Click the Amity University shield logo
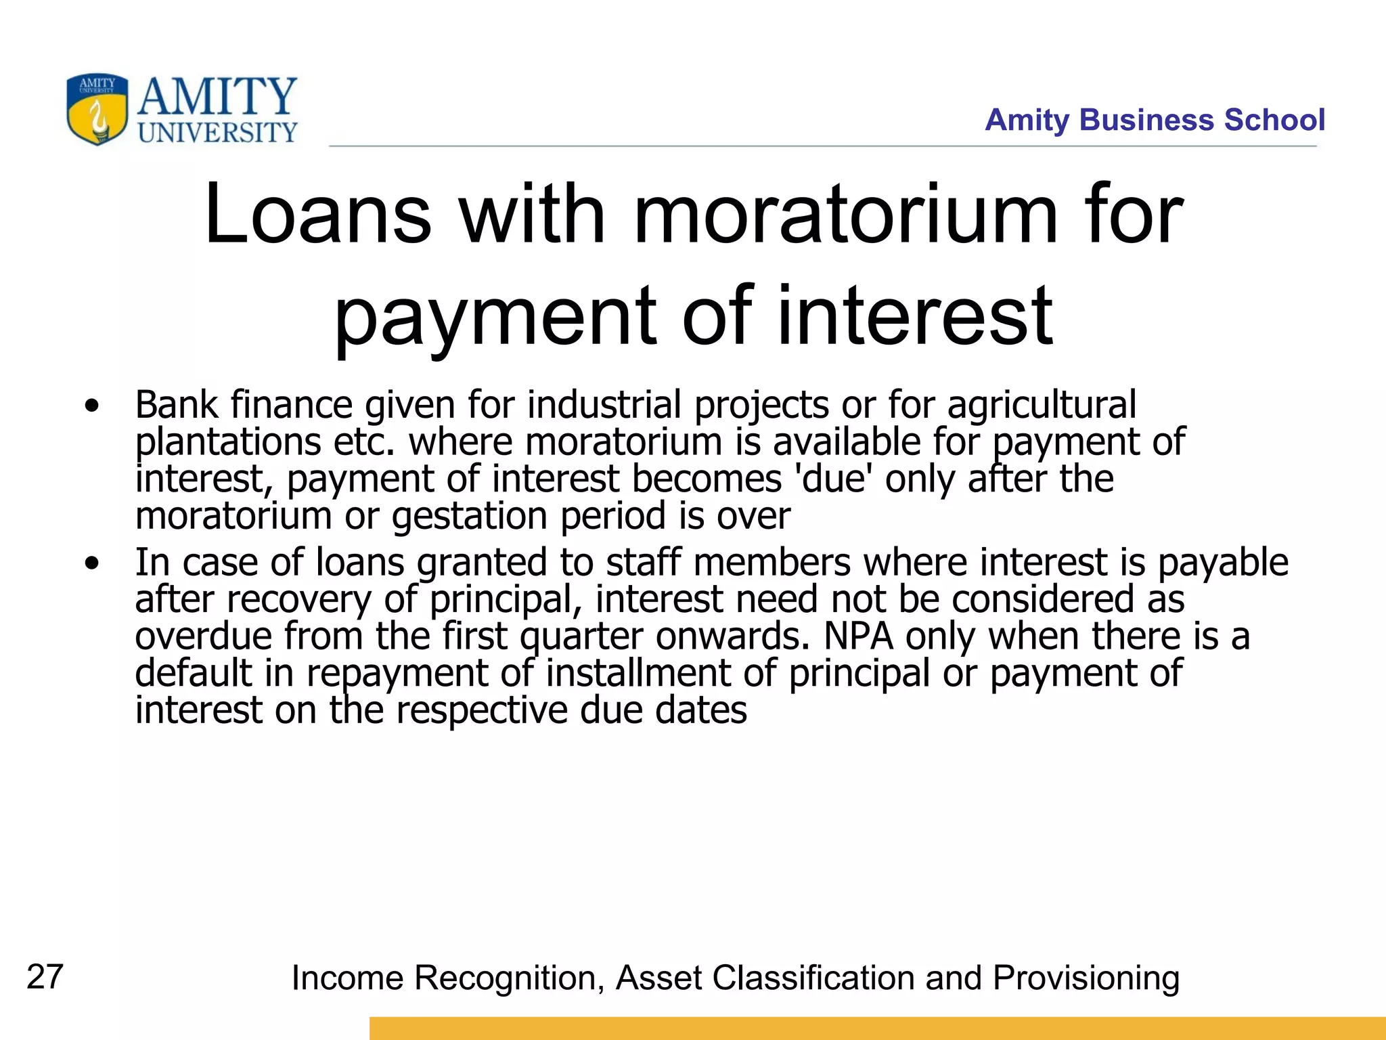[x=97, y=110]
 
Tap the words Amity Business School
[x=1155, y=120]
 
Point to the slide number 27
[x=45, y=977]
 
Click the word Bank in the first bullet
[x=176, y=405]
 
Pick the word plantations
[x=228, y=443]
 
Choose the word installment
[x=638, y=673]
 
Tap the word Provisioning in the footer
[x=1086, y=978]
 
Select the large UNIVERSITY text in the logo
[x=217, y=132]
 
